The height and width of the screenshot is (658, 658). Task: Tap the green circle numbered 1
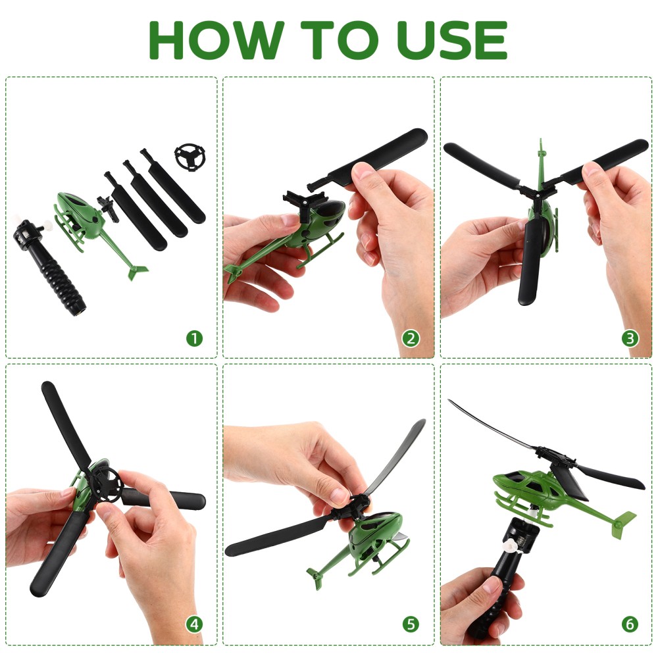194,338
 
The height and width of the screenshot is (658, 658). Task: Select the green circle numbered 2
411,338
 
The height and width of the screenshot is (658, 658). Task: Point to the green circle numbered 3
630,338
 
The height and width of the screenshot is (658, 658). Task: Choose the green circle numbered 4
194,624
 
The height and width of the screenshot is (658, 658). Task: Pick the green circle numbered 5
411,624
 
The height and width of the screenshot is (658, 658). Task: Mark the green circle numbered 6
630,624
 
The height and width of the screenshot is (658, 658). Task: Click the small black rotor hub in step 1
108,207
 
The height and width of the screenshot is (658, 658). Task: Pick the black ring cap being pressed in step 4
107,486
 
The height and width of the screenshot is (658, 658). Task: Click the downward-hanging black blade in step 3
530,263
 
